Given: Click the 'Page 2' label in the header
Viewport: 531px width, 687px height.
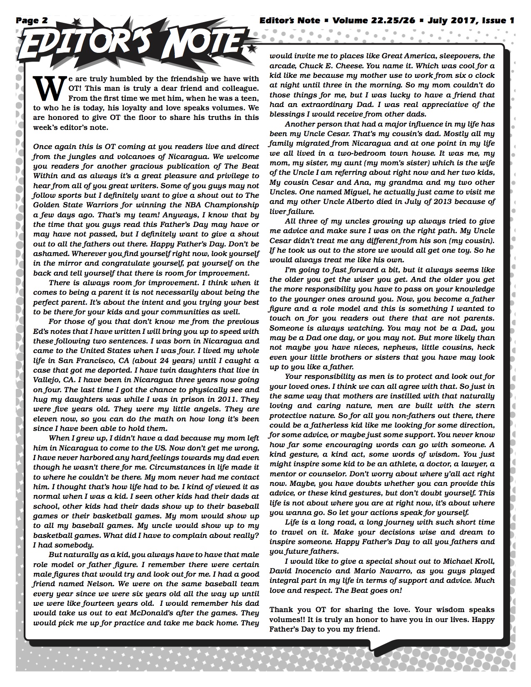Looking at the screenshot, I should (x=32, y=20).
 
